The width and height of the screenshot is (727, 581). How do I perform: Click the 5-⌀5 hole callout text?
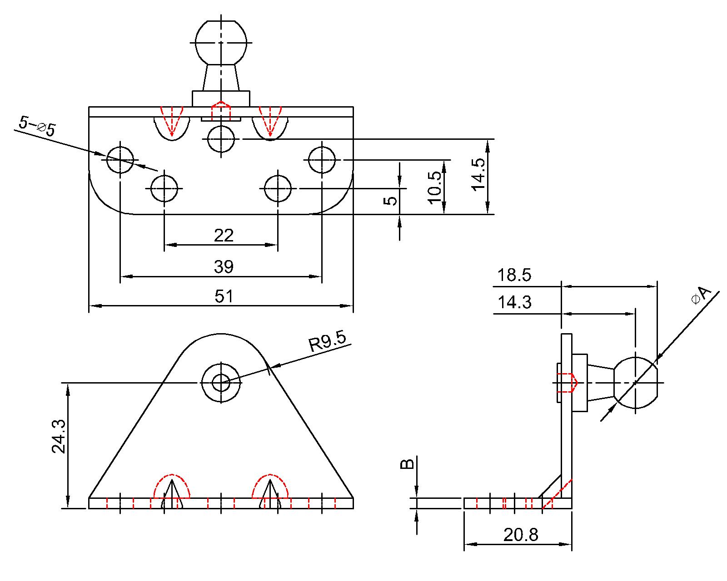(37, 126)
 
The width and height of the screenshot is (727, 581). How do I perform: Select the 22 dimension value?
(224, 235)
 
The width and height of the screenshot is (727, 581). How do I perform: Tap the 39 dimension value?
(224, 267)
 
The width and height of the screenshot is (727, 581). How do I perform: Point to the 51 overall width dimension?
(224, 296)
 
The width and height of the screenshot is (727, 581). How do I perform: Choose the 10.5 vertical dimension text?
(434, 187)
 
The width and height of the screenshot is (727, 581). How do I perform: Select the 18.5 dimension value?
(514, 276)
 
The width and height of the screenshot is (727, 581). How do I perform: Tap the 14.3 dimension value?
(514, 302)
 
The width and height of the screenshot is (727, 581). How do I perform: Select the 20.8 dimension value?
(521, 535)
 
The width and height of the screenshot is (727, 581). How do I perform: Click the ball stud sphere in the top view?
(221, 42)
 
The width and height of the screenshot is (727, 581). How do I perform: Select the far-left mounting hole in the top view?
(120, 159)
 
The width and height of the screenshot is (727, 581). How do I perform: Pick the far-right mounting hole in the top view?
(322, 160)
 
